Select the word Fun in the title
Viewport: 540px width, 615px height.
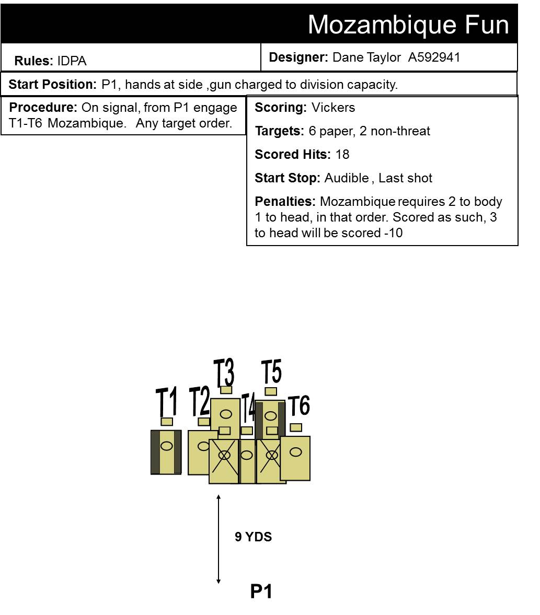coord(487,25)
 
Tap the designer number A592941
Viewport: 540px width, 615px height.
coord(434,57)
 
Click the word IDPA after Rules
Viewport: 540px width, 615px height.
coord(72,61)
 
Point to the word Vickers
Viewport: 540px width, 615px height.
coord(333,107)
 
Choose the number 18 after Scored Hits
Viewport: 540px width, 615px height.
coord(342,154)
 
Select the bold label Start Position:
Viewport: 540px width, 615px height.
coord(53,84)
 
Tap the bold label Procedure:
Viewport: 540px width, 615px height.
coord(43,107)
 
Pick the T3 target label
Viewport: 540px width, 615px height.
coord(224,372)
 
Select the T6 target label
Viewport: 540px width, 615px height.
coord(299,405)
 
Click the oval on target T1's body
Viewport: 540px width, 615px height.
coord(167,446)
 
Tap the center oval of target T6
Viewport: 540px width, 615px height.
coord(295,452)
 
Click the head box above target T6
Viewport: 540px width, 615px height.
coord(296,427)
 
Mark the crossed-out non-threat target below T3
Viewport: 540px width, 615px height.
coord(224,461)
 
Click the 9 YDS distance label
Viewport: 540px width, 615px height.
coord(253,537)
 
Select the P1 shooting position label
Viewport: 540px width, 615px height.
coord(261,591)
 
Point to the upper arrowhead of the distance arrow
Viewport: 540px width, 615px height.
coord(219,497)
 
